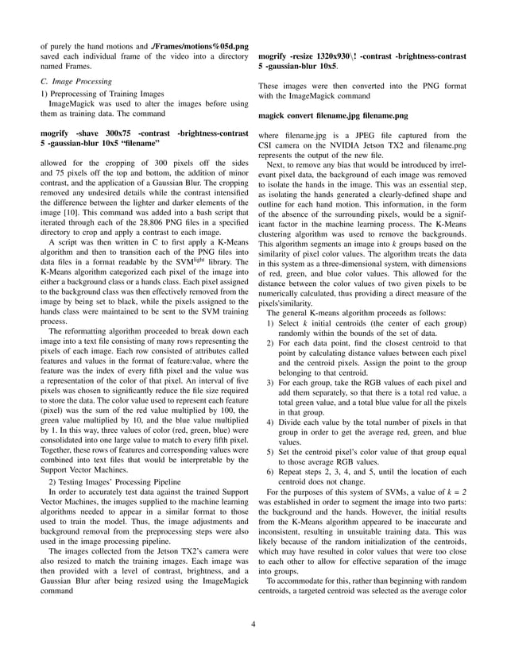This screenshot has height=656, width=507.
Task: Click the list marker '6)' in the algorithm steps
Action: coord(270,472)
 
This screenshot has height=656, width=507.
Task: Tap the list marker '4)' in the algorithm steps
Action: coord(270,424)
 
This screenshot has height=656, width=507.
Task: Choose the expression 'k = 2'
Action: coord(454,492)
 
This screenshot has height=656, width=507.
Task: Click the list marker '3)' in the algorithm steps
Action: coord(270,383)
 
